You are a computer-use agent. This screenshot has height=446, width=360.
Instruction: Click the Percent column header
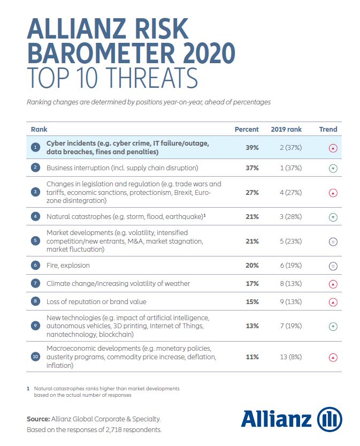247,130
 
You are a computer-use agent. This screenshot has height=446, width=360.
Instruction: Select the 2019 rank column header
286,130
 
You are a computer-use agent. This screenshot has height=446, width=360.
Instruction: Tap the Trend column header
328,130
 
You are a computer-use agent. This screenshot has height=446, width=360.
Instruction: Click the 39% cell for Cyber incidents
252,148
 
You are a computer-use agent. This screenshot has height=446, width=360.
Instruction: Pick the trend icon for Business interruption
333,168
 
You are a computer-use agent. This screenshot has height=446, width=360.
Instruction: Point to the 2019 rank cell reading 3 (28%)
286,217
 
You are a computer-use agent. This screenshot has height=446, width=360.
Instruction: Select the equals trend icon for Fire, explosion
333,266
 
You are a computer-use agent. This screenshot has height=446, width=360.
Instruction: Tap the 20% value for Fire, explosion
252,265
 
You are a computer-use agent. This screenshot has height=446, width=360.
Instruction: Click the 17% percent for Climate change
252,283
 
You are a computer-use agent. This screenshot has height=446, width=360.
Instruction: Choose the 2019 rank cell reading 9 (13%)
286,302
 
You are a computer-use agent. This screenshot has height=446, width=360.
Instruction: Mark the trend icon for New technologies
333,326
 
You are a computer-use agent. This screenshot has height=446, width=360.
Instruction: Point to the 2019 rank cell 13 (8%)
286,357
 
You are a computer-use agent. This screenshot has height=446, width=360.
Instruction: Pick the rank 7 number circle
35,284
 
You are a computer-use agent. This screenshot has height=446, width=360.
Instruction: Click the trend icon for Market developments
333,241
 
